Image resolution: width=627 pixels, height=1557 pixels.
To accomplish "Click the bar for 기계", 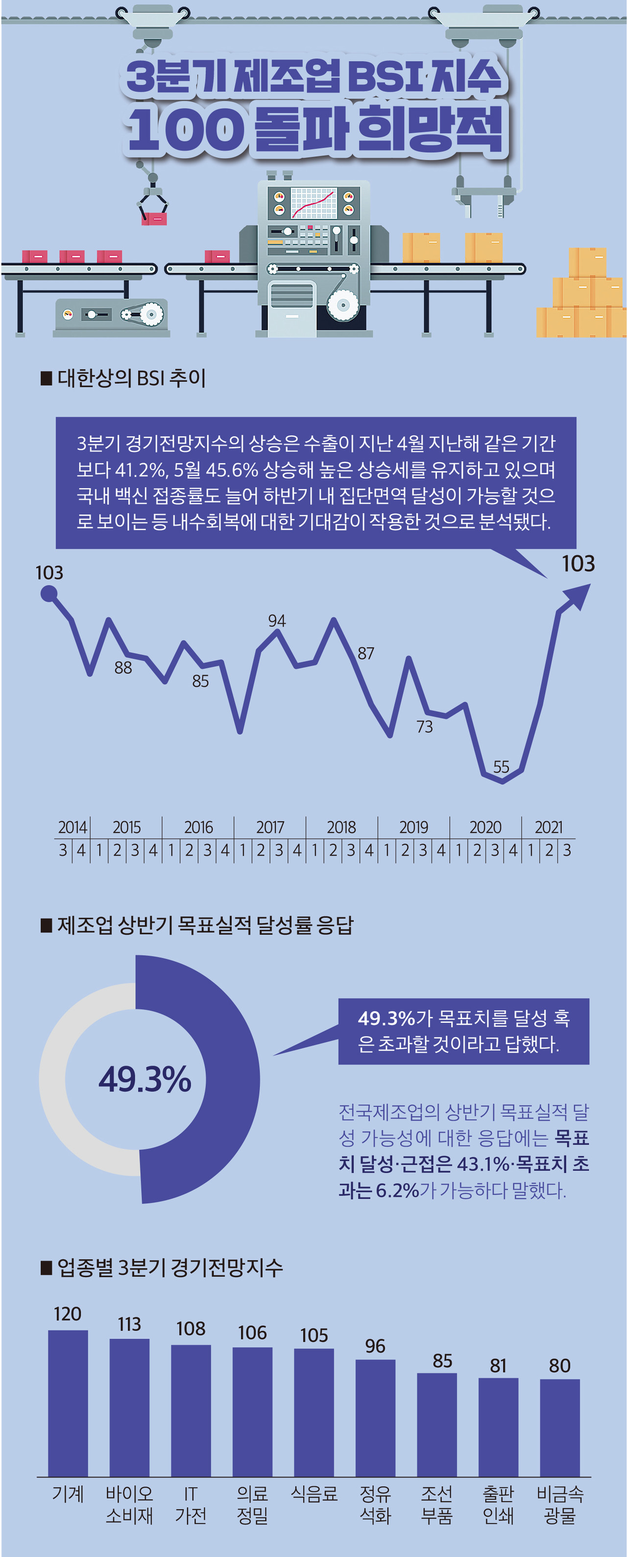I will click(68, 1402).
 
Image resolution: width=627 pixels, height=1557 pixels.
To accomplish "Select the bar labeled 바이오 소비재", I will click(129, 1407).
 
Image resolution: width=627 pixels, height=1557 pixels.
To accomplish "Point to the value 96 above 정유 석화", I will click(375, 1346).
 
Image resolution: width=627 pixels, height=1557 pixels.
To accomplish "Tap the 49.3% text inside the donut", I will click(145, 1079).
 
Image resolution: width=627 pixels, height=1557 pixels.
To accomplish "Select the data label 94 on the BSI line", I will click(277, 621).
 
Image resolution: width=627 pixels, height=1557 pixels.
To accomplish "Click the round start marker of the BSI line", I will click(49, 594).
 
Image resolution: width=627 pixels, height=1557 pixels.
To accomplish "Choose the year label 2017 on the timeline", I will click(270, 827).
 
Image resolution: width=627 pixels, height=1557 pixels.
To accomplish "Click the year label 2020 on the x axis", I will click(485, 827).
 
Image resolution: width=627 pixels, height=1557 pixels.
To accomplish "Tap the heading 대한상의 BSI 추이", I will click(131, 378).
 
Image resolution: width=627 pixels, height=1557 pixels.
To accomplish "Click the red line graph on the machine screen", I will click(313, 204).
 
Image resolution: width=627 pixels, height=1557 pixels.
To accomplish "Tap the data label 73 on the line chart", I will click(424, 727).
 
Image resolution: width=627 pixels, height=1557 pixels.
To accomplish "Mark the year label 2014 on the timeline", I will click(72, 827).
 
